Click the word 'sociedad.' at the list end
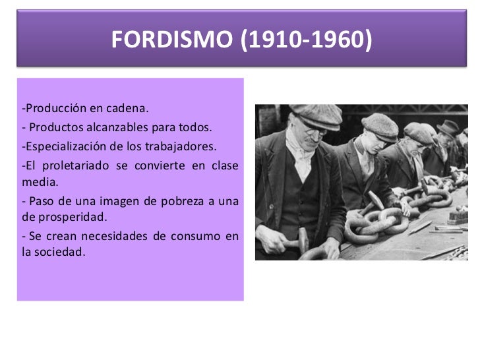pyautogui.click(x=54, y=253)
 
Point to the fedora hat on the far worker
pyautogui.click(x=448, y=127)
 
